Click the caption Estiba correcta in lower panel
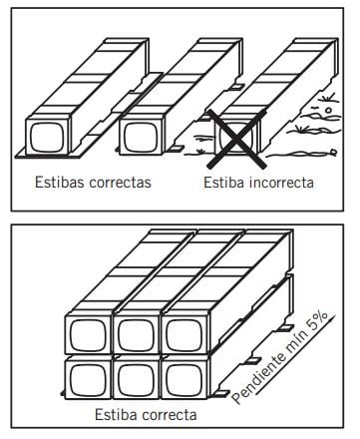pyautogui.click(x=143, y=413)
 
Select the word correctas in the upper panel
pyautogui.click(x=119, y=184)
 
